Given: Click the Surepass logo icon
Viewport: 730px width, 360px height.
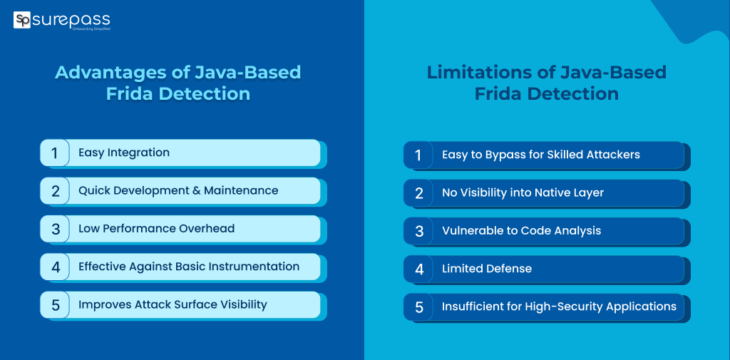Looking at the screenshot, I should point(22,20).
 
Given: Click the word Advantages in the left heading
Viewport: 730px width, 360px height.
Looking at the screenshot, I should point(101,73).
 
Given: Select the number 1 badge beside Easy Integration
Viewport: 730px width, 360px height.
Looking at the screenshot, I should point(54,153).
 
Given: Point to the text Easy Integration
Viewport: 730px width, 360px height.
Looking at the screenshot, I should point(124,153).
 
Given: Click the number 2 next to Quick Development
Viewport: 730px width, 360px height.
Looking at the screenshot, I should point(54,191).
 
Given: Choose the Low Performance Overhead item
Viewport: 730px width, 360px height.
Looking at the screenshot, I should point(156,229).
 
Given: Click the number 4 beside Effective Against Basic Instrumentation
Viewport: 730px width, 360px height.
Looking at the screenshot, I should point(54,267).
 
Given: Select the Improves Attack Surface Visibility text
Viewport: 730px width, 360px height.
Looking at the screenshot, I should point(173,304).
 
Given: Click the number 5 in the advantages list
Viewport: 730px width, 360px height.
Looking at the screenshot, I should point(54,305).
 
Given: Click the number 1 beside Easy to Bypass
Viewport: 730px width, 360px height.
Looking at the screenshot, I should point(418,155).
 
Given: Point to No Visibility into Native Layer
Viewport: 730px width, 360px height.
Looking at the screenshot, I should point(523,192).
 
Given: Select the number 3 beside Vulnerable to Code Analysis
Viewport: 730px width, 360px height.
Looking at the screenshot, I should point(418,231).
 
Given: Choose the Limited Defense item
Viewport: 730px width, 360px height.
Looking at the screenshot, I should point(487,269).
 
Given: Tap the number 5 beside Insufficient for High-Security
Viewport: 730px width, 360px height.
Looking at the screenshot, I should point(418,307).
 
